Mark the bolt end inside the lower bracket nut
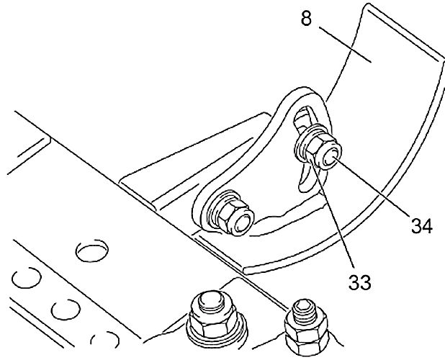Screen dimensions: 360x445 (x=241, y=218)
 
